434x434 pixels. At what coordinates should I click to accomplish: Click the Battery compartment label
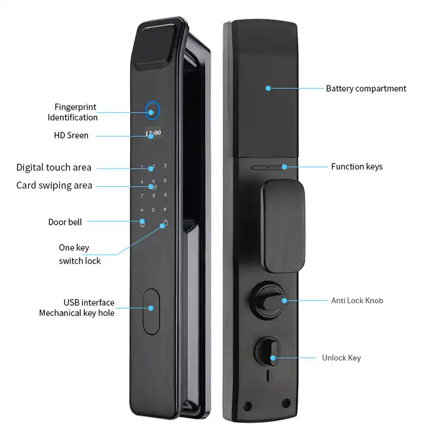click(x=366, y=89)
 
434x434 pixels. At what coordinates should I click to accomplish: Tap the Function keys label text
click(x=356, y=166)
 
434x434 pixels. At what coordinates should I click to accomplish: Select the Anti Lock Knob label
click(x=357, y=300)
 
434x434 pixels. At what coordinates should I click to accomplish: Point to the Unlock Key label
click(x=341, y=358)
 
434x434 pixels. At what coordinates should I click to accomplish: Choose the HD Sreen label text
click(x=71, y=136)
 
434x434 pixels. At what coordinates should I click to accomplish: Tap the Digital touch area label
click(x=54, y=168)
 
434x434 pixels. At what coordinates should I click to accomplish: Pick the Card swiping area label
click(x=54, y=186)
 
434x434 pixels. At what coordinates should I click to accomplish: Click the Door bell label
click(x=65, y=222)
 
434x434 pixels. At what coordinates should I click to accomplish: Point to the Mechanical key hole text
click(x=77, y=313)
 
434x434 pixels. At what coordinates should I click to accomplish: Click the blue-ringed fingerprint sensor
click(x=153, y=111)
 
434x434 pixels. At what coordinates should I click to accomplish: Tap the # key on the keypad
click(x=165, y=209)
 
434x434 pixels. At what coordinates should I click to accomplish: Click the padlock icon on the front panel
click(x=164, y=224)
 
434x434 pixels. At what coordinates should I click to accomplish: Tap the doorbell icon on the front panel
click(x=142, y=223)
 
